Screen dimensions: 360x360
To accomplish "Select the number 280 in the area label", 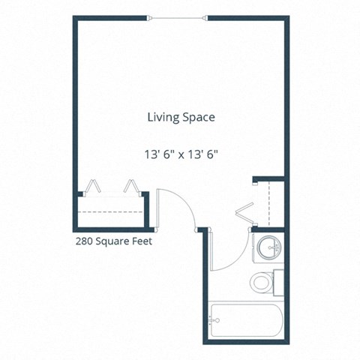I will [84, 242].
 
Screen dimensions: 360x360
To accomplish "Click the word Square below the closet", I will [113, 243].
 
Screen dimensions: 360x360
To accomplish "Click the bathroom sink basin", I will [269, 247].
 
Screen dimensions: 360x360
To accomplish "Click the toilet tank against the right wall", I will [277, 282].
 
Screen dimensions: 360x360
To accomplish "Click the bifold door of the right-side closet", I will [244, 211].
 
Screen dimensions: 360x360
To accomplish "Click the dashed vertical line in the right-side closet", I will [268, 202].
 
